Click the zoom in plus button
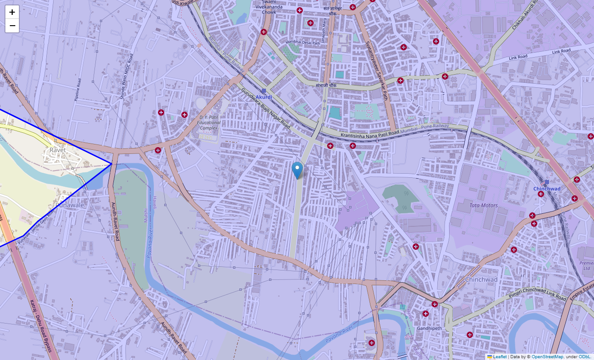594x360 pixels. (12, 12)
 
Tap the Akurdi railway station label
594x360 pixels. (264, 97)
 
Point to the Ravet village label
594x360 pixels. (58, 150)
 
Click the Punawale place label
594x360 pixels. (69, 205)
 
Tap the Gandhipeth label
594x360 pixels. (429, 328)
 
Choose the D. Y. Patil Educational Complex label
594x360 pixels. (208, 122)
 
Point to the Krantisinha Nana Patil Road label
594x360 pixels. (370, 134)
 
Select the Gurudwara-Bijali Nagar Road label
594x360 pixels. (265, 108)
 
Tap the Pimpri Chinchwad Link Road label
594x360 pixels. (536, 292)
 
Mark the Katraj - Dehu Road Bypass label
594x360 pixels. (41, 326)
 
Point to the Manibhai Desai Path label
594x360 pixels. (302, 43)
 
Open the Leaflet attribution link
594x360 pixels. (499, 356)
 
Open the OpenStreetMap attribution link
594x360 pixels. (547, 356)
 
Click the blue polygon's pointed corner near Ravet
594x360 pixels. (111, 164)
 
